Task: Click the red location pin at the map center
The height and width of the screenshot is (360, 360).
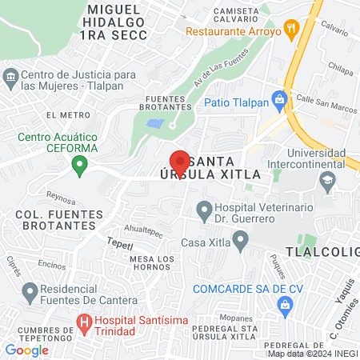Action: coord(180,161)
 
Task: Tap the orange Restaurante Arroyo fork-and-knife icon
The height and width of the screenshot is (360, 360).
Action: coord(292,32)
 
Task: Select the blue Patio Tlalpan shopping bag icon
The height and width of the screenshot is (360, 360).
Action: coord(279,102)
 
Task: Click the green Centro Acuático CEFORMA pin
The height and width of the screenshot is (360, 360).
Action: coord(79,166)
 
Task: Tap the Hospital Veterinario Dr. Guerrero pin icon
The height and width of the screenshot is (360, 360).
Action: coord(204,210)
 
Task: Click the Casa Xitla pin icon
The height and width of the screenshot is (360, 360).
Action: coord(239,240)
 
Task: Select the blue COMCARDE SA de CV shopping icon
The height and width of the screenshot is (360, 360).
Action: coord(284,305)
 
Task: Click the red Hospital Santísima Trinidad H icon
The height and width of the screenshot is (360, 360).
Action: coord(83,324)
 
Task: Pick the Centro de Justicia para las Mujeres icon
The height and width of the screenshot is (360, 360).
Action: coord(10,79)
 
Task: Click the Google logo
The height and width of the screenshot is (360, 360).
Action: coord(26,350)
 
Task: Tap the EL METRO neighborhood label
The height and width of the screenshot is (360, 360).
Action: coord(62,115)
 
